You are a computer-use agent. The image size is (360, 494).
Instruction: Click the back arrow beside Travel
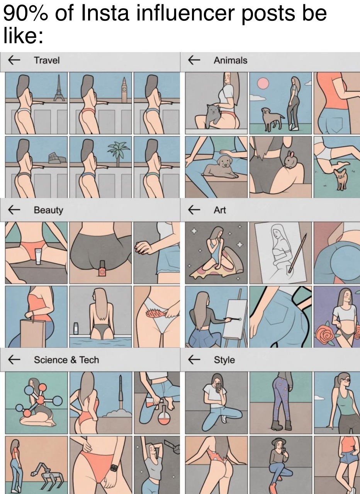(x=14, y=60)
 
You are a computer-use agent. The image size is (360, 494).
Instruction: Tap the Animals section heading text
(x=230, y=60)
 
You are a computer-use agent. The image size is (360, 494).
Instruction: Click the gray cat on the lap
(x=213, y=115)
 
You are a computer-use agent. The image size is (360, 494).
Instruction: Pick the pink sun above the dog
(x=263, y=83)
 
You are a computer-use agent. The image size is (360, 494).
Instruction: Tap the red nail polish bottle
(x=102, y=268)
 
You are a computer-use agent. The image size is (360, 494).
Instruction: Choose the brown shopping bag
(x=33, y=333)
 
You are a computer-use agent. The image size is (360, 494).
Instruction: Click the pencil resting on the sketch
(x=297, y=253)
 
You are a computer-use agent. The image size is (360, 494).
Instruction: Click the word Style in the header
(x=224, y=359)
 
